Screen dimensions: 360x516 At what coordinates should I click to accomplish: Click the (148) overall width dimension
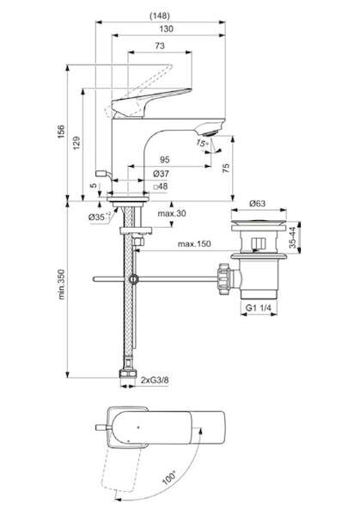[160, 15]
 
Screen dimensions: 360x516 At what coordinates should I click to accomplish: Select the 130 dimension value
[166, 29]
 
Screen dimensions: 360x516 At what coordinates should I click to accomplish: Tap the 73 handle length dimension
[160, 46]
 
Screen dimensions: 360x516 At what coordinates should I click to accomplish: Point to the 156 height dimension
[61, 132]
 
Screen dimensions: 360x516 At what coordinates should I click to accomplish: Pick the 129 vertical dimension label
[76, 143]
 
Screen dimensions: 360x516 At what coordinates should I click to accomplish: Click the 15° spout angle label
[202, 143]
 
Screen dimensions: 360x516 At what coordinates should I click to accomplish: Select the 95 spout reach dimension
[164, 160]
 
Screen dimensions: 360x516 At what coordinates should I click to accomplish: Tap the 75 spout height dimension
[226, 168]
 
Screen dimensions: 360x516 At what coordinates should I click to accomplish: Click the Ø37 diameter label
[161, 174]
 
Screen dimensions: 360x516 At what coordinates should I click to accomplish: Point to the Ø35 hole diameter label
[96, 217]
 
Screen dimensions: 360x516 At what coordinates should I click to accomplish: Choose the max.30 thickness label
[172, 213]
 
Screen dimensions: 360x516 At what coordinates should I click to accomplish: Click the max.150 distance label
[194, 244]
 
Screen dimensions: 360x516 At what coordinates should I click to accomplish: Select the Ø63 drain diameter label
[257, 203]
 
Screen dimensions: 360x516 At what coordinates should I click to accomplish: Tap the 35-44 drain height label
[293, 237]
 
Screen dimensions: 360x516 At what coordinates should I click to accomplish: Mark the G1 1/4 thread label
[259, 308]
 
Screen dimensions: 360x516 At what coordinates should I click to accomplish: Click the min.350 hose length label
[62, 285]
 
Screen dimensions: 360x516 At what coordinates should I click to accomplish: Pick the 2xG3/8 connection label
[155, 380]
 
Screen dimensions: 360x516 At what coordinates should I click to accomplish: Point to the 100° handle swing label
[169, 476]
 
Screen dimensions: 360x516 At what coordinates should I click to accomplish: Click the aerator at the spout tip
[210, 132]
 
